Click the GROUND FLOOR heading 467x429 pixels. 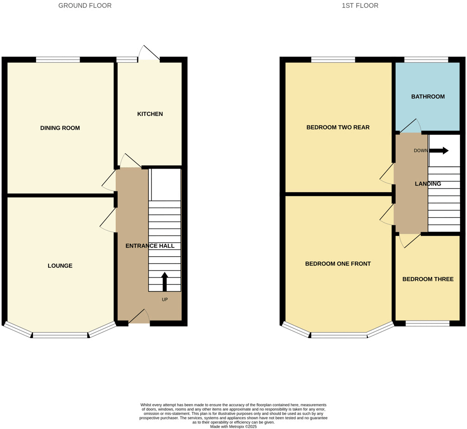tap(85, 6)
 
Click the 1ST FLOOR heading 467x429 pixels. tap(360, 6)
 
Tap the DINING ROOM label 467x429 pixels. tap(60, 128)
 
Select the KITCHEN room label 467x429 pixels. tap(150, 114)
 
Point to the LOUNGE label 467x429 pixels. tap(60, 265)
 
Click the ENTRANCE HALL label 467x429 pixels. tap(150, 246)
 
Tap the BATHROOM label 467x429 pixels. tap(428, 97)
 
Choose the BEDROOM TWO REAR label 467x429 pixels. tap(338, 127)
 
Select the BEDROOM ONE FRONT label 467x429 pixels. tap(338, 264)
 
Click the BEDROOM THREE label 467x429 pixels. tap(428, 279)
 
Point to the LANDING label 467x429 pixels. tap(428, 184)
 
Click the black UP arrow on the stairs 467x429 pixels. tap(164, 282)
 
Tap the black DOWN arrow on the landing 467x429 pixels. tap(439, 151)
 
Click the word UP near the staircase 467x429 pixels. tap(165, 300)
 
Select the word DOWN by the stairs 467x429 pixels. tap(421, 151)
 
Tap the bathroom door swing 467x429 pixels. tap(410, 126)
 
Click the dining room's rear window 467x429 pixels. tap(58, 59)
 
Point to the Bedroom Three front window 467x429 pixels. tap(427, 323)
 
